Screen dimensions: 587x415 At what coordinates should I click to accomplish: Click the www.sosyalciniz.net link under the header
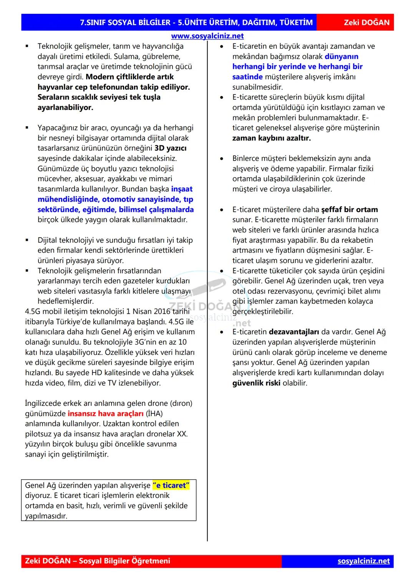(x=207, y=36)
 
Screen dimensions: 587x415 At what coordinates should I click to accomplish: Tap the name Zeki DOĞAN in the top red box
(x=366, y=22)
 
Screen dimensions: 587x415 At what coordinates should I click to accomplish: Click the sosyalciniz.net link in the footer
(x=364, y=561)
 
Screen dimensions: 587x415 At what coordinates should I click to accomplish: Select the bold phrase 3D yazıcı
(x=170, y=148)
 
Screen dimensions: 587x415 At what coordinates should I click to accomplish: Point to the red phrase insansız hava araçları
(x=105, y=414)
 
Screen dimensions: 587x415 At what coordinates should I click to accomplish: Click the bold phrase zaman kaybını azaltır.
(x=271, y=138)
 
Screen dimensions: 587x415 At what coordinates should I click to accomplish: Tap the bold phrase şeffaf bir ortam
(x=349, y=210)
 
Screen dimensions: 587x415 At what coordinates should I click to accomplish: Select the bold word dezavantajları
(x=294, y=332)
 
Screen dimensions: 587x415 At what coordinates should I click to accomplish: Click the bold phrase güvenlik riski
(x=256, y=383)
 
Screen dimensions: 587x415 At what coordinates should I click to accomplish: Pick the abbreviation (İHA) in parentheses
(x=154, y=414)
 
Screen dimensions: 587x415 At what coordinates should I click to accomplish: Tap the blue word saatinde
(x=247, y=77)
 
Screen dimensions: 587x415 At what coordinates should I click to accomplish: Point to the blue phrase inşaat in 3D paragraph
(x=182, y=189)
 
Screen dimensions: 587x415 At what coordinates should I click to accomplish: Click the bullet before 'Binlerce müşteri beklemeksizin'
(x=222, y=159)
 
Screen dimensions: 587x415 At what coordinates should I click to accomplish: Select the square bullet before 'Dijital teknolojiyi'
(x=27, y=240)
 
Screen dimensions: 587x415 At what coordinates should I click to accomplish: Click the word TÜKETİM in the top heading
(x=296, y=22)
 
